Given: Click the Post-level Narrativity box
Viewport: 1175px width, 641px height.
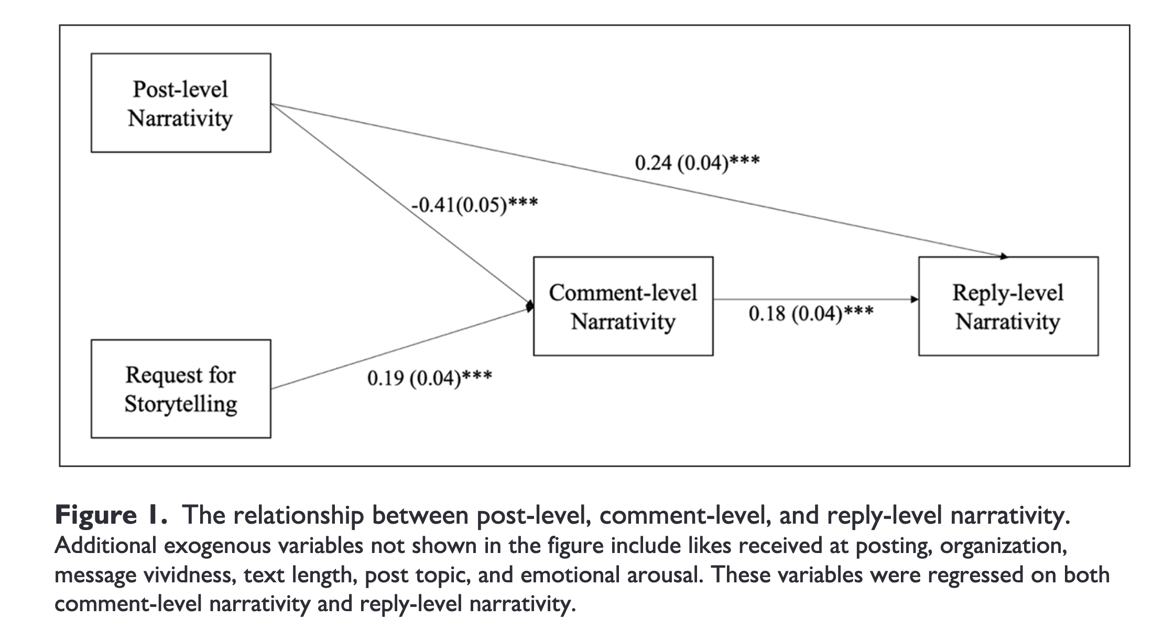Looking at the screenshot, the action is tap(181, 103).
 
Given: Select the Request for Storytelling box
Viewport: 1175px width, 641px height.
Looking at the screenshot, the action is tap(181, 389).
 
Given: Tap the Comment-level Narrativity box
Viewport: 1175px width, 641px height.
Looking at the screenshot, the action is tap(623, 306).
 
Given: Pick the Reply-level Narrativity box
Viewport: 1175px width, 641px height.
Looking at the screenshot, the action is tap(1008, 306).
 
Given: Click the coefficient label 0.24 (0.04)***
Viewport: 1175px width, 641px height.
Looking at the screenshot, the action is tap(697, 163).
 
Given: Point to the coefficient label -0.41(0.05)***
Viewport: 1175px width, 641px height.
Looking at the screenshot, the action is tap(474, 204).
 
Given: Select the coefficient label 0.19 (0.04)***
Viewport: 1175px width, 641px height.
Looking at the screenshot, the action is tap(430, 378).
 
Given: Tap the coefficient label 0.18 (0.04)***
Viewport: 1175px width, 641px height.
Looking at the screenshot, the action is tap(811, 313).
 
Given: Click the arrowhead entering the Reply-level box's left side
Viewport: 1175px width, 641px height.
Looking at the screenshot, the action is tap(915, 300).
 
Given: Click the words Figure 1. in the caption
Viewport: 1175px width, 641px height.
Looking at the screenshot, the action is tap(111, 516).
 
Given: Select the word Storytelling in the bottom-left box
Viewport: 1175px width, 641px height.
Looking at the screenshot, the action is tap(181, 404).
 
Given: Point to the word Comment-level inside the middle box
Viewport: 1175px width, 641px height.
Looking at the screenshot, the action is tap(623, 292).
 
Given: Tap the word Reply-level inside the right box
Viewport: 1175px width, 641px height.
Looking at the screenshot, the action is tap(1008, 293).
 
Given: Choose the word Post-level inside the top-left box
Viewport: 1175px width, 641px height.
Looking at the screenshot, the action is tap(180, 89).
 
